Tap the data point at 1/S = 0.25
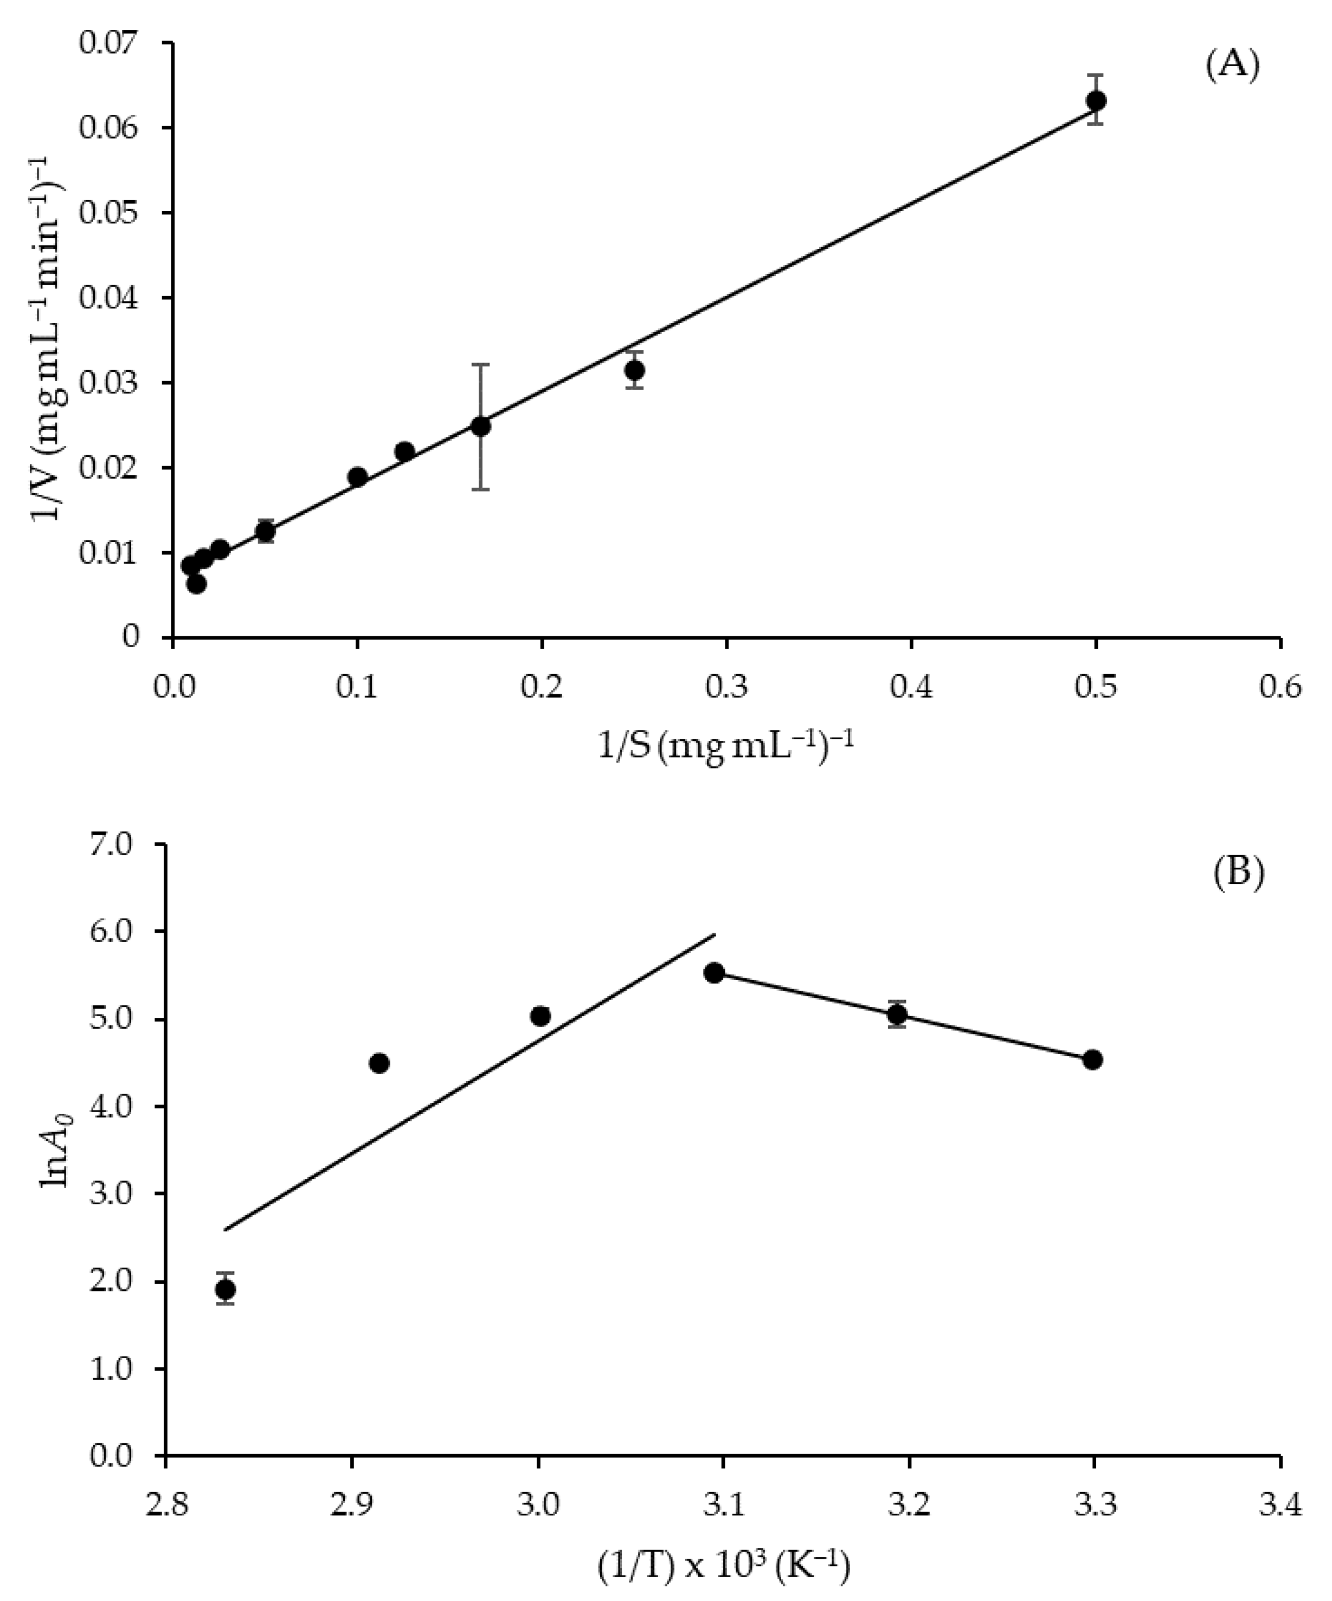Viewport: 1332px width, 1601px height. (634, 371)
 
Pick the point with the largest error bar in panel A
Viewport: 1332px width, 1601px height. (480, 426)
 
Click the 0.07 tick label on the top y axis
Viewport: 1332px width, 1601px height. (109, 41)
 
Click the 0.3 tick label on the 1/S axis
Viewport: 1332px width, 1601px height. (726, 688)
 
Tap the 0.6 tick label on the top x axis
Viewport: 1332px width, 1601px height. (1280, 688)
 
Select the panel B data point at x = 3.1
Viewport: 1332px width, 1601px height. (715, 973)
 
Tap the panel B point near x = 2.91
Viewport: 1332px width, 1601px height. (379, 1063)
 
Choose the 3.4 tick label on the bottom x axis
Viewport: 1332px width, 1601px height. (1280, 1507)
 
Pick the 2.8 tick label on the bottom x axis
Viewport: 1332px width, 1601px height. (165, 1507)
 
